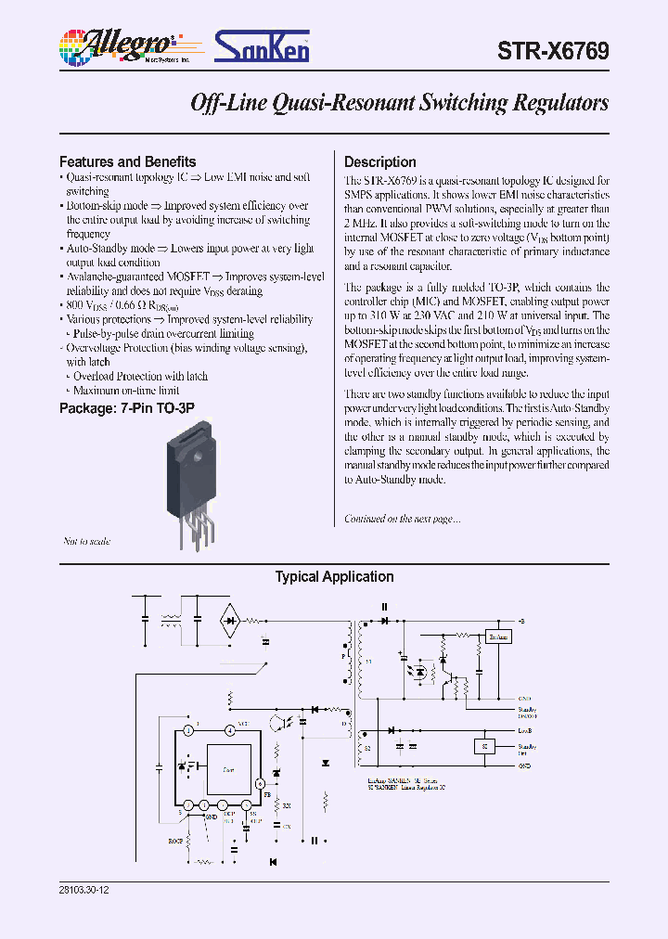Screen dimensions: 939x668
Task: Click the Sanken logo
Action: (263, 45)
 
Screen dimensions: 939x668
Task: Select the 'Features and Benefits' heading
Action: (128, 161)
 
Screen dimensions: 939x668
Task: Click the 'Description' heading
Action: (380, 161)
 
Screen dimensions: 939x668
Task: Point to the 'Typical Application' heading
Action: (334, 577)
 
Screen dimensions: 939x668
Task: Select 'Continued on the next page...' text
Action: (403, 519)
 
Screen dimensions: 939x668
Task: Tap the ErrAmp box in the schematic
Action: (498, 637)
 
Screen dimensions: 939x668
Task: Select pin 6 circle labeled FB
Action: (261, 784)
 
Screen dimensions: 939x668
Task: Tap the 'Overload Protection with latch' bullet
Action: (140, 377)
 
